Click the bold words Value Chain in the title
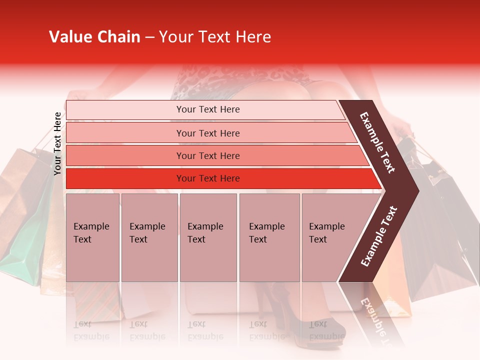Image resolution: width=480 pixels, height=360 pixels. click(94, 37)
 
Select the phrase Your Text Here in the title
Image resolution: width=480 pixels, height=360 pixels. click(215, 37)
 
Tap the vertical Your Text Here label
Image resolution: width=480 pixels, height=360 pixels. click(57, 144)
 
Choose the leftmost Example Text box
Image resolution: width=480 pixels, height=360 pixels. click(92, 237)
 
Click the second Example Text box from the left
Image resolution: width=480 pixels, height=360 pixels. click(149, 237)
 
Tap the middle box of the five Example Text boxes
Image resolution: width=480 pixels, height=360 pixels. click(208, 237)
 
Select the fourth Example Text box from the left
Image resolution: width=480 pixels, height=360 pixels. click(269, 237)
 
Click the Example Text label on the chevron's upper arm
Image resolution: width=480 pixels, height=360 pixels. click(377, 142)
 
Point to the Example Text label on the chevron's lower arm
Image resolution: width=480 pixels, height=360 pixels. click(379, 236)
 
